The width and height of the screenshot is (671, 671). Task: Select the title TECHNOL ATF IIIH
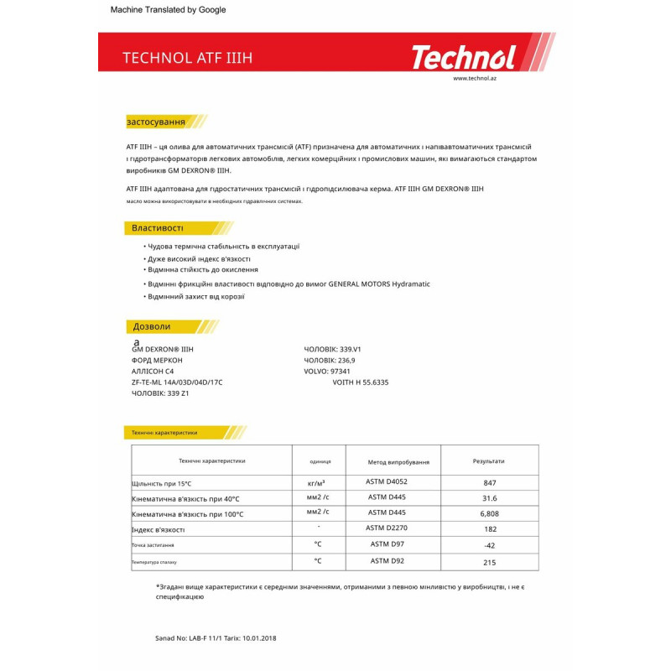[x=187, y=58]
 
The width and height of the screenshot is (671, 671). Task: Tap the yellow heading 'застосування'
[x=156, y=122]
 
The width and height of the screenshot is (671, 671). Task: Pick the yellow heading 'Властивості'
[x=158, y=228]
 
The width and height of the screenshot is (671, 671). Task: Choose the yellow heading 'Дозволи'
[x=152, y=326]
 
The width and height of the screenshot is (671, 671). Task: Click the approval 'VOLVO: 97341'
[x=327, y=371]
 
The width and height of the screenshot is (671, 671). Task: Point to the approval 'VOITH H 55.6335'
[x=361, y=382]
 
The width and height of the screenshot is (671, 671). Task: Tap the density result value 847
[x=490, y=483]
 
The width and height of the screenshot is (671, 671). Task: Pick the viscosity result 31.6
[x=490, y=498]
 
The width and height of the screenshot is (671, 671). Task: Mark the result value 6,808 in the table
[x=490, y=513]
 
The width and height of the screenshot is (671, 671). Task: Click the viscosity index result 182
[x=490, y=529]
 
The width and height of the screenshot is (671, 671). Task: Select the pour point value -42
[x=490, y=545]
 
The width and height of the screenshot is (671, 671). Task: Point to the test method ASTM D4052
[x=388, y=482]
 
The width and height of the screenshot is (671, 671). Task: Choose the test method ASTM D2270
[x=388, y=528]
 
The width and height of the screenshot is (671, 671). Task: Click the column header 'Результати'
[x=489, y=461]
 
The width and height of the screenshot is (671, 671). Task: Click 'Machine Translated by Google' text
[x=169, y=10]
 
